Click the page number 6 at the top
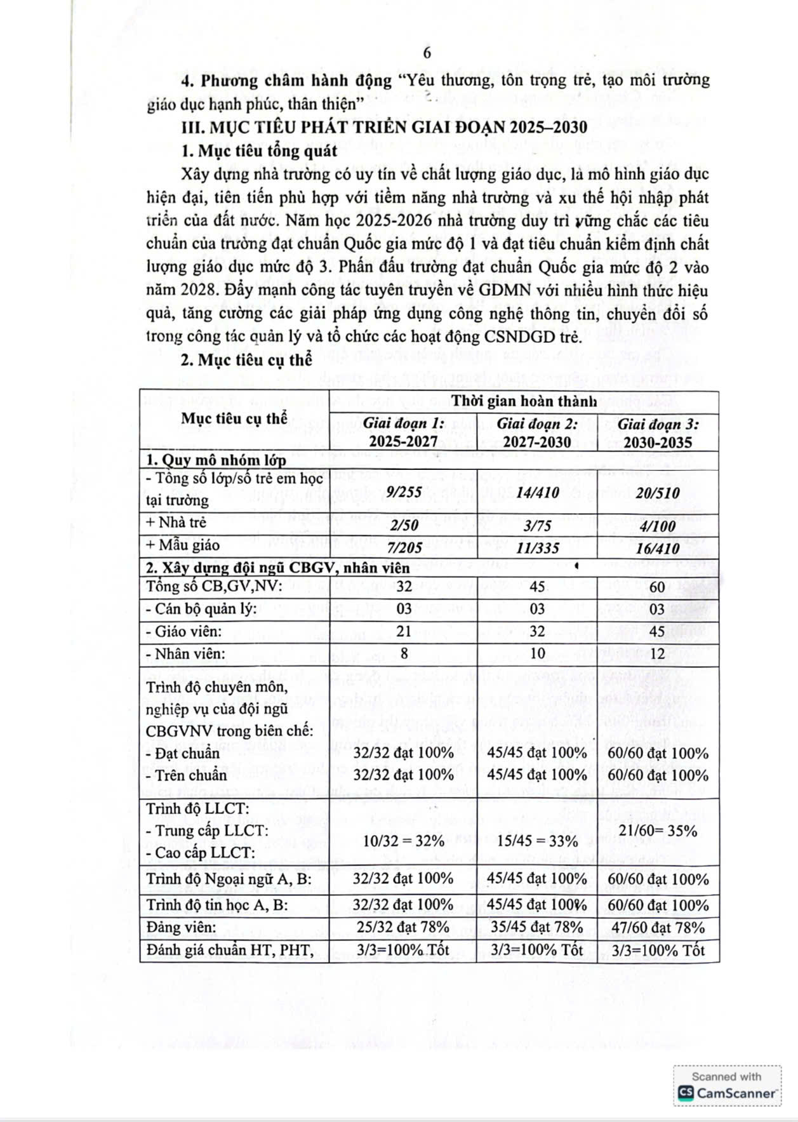[427, 53]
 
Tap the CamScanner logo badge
[728, 1086]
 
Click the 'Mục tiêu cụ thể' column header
[234, 418]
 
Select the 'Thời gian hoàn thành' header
[524, 401]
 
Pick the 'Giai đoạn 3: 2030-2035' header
[658, 433]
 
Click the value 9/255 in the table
[403, 491]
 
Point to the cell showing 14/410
[536, 493]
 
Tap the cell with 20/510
[658, 493]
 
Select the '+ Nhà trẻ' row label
[176, 523]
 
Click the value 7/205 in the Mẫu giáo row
[403, 547]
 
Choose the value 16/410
[658, 548]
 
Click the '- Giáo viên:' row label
[183, 631]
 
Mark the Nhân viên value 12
[658, 653]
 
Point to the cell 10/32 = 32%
[403, 841]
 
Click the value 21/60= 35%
[658, 831]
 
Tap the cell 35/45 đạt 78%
[536, 928]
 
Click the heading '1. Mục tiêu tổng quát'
[260, 151]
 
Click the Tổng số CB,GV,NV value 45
[536, 586]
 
